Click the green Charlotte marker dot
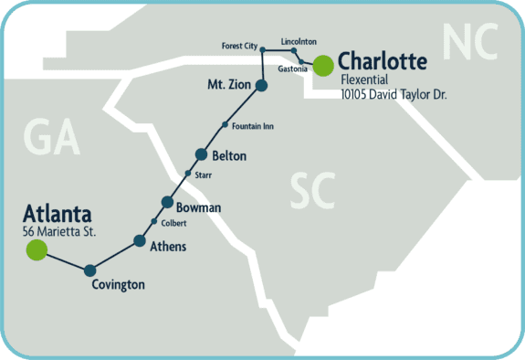pyautogui.click(x=322, y=64)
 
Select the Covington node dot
pyautogui.click(x=89, y=270)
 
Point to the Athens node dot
pyautogui.click(x=140, y=241)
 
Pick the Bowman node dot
pyautogui.click(x=167, y=202)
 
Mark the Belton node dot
pyautogui.click(x=203, y=154)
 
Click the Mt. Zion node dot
pyautogui.click(x=261, y=86)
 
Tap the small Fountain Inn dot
pyautogui.click(x=225, y=125)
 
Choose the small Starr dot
pyautogui.click(x=188, y=174)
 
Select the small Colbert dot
pyautogui.click(x=153, y=222)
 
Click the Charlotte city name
pyautogui.click(x=383, y=62)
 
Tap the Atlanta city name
pyautogui.click(x=57, y=215)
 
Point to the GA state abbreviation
pyautogui.click(x=52, y=138)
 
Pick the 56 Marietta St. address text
pyautogui.click(x=60, y=231)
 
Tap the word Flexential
pyautogui.click(x=364, y=79)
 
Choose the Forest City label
pyautogui.click(x=240, y=46)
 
